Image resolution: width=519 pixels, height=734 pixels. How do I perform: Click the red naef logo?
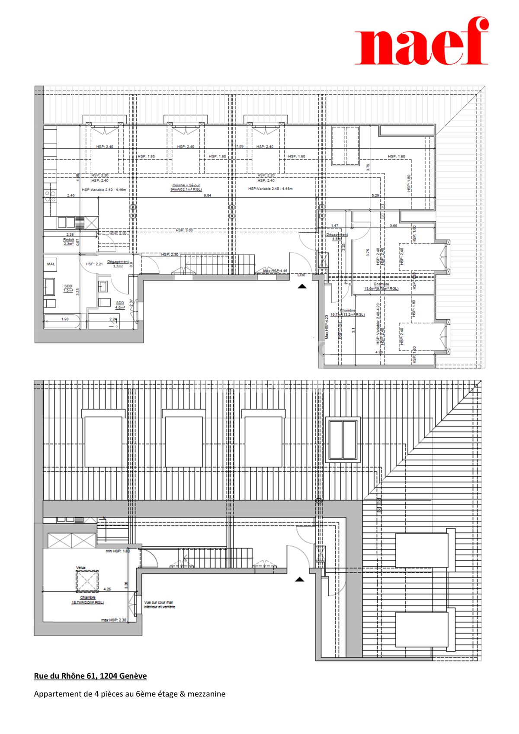pyautogui.click(x=422, y=42)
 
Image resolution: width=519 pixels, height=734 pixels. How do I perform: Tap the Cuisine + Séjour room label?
pyautogui.click(x=186, y=187)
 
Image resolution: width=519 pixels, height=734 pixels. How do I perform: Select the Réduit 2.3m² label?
pyautogui.click(x=68, y=241)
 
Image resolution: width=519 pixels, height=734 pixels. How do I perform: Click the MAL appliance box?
pyautogui.click(x=51, y=264)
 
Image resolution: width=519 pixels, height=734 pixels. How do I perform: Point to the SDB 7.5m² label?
pyautogui.click(x=68, y=288)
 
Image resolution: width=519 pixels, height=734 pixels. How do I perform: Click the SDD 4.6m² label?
pyautogui.click(x=120, y=305)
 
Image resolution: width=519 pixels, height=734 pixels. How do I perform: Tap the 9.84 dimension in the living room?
pyautogui.click(x=208, y=196)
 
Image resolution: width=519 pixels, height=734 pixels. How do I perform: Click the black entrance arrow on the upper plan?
pyautogui.click(x=302, y=286)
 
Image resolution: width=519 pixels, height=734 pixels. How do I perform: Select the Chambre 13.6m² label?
pyautogui.click(x=381, y=286)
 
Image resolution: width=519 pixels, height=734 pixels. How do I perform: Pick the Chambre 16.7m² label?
pyautogui.click(x=347, y=312)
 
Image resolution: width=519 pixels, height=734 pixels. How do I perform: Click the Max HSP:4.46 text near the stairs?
pyautogui.click(x=275, y=271)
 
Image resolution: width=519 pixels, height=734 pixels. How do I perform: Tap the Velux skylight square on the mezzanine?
pyautogui.click(x=87, y=580)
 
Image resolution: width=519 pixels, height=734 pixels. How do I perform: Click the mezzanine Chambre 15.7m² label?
pyautogui.click(x=87, y=599)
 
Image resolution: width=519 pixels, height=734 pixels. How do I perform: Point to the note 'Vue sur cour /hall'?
pyautogui.click(x=159, y=604)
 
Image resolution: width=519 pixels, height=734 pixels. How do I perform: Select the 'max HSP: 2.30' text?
pyautogui.click(x=113, y=620)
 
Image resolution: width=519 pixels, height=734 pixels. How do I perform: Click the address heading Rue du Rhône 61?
pyautogui.click(x=90, y=676)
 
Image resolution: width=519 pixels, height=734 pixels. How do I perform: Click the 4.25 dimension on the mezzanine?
pyautogui.click(x=107, y=589)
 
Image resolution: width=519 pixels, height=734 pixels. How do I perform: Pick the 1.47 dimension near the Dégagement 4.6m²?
pyautogui.click(x=334, y=225)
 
